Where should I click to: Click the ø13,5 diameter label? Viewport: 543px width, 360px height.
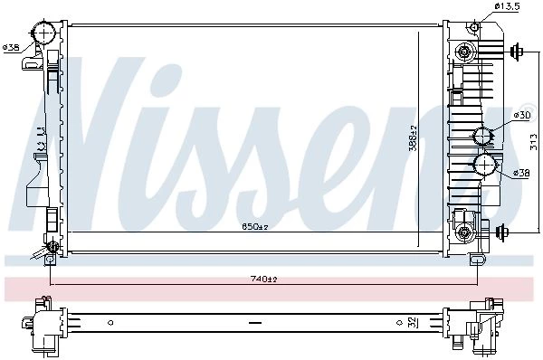click(x=507, y=6)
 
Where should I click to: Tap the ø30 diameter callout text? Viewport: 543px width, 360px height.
click(x=522, y=115)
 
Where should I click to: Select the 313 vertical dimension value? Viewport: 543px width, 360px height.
click(x=534, y=142)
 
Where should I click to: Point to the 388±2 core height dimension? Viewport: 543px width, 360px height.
click(x=414, y=138)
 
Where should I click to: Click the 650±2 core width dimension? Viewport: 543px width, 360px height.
click(x=255, y=227)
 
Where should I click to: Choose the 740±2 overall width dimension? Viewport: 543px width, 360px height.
click(x=264, y=279)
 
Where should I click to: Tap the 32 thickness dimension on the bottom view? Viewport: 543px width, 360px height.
click(x=413, y=323)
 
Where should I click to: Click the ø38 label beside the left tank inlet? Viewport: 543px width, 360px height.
click(x=12, y=47)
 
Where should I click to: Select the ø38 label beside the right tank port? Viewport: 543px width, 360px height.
click(x=521, y=173)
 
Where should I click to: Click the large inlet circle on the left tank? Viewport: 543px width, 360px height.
click(x=44, y=33)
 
